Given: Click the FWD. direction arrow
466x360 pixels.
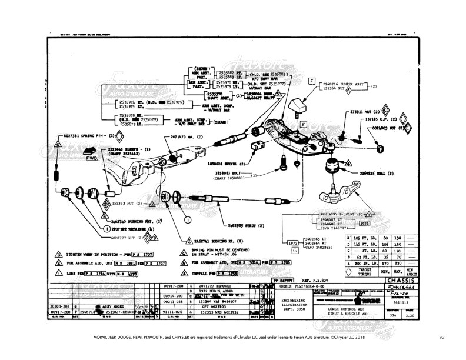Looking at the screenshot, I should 92,158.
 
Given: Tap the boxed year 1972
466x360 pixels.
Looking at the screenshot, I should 292,242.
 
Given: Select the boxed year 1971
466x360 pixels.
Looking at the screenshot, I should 364,224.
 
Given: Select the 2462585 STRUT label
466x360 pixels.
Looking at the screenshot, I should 245,225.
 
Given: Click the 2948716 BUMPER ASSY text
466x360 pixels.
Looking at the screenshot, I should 348,84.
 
